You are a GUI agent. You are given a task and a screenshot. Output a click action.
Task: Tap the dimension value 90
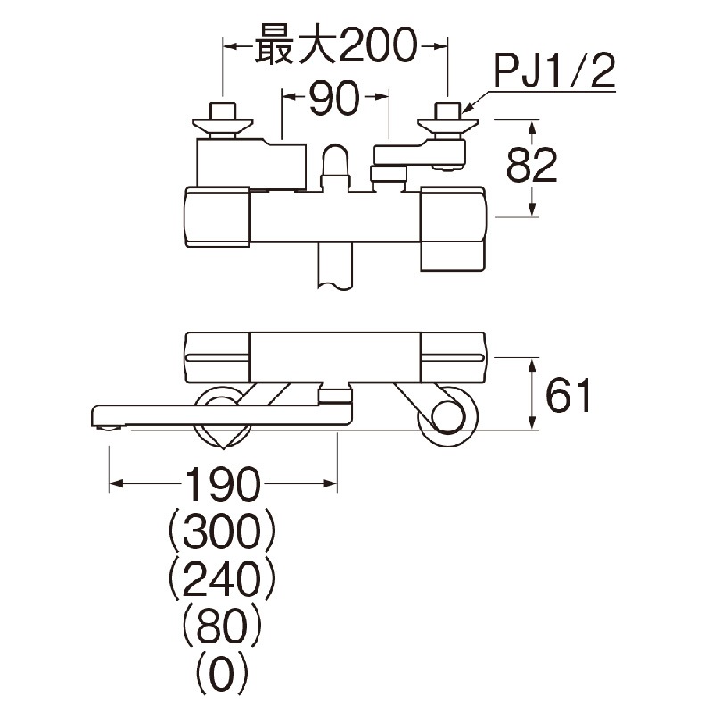click(334, 100)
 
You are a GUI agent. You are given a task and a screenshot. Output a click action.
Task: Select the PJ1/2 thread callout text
click(554, 72)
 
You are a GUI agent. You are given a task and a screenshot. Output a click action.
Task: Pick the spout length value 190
click(223, 486)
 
